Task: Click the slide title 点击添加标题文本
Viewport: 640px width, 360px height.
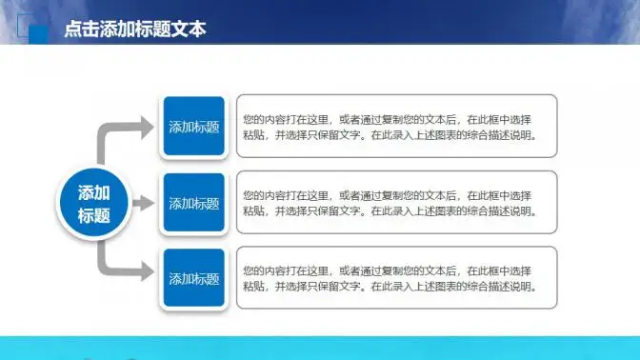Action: (134, 30)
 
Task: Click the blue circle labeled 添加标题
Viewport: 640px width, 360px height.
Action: (93, 203)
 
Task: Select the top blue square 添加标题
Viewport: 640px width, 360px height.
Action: (193, 127)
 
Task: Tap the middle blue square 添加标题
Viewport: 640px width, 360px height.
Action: (193, 203)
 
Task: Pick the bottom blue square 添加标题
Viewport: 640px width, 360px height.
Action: (193, 279)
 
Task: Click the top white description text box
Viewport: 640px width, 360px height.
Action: (396, 127)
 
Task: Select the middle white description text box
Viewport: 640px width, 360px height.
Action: (396, 203)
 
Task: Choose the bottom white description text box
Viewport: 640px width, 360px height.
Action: (396, 279)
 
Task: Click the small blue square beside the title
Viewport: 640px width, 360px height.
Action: (39, 34)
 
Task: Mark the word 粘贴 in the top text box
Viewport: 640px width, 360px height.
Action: (253, 135)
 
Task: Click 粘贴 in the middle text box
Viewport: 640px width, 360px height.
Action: (253, 211)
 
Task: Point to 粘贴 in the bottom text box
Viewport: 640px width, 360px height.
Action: (253, 288)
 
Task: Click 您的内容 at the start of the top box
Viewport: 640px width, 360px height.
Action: (263, 119)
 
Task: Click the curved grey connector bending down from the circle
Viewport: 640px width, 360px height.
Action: (105, 262)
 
